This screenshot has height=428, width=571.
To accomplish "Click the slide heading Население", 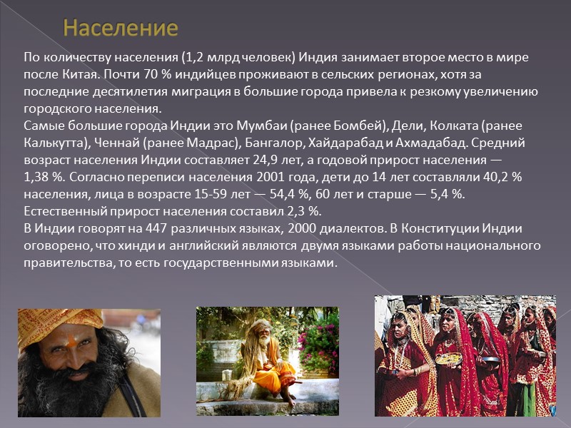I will [x=120, y=29].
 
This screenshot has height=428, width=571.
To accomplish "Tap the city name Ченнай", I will [x=116, y=143].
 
